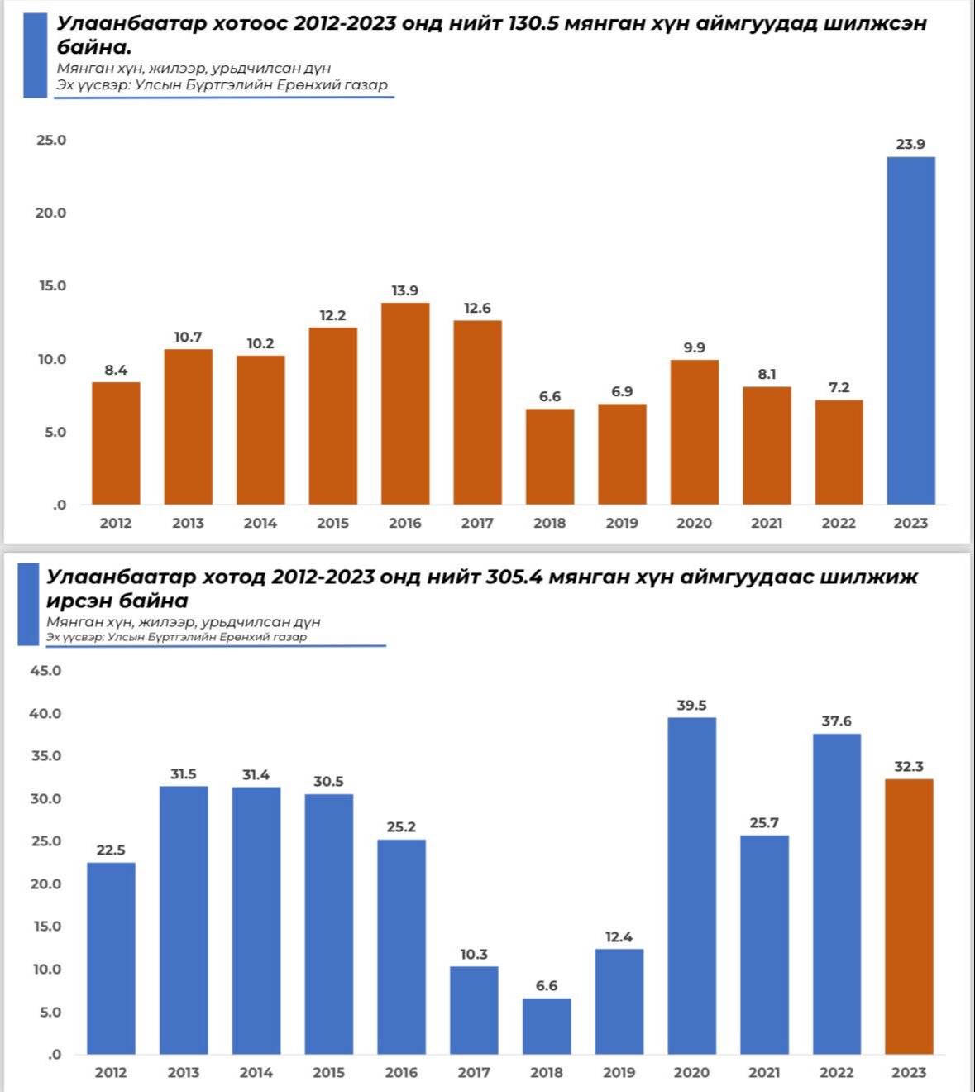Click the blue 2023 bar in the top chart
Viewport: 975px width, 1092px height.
(910, 331)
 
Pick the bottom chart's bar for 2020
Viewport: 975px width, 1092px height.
(691, 886)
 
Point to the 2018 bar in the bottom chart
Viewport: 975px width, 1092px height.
(547, 1027)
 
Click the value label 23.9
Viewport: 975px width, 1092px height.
(910, 145)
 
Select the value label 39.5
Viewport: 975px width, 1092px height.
(691, 706)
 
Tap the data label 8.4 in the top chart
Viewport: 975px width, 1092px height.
(116, 371)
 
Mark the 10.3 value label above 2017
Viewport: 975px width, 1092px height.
(474, 955)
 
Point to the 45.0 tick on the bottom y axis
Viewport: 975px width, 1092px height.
(46, 670)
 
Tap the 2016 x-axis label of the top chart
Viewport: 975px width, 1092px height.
(405, 523)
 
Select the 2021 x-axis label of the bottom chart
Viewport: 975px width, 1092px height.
(764, 1073)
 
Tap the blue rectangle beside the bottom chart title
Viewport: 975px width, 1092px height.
(29, 604)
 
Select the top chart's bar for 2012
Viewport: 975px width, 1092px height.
(116, 443)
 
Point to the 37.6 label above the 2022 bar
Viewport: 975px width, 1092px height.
(836, 721)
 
